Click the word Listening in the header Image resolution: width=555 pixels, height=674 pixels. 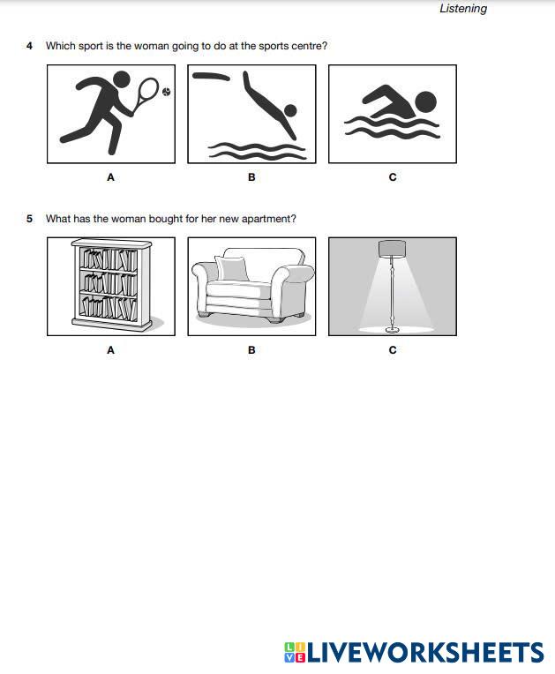coord(463,9)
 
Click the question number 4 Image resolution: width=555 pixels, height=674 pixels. coord(29,46)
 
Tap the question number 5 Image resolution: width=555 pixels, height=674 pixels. coord(29,219)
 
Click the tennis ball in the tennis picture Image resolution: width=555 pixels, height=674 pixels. coord(167,92)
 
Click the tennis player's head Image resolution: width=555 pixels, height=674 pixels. coord(121,79)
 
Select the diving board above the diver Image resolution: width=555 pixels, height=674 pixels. coord(211,77)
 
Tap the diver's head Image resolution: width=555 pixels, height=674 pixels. coord(290,110)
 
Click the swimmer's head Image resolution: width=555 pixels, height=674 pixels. coord(425,102)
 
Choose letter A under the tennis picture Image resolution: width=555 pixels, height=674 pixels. coord(110,177)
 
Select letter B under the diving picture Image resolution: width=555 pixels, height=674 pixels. coord(251,177)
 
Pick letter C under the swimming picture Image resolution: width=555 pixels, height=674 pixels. coord(393,177)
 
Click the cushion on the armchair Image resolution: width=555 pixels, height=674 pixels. coord(232,268)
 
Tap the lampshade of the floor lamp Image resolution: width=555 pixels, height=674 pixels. coord(392,249)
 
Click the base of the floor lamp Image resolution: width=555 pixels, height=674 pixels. coord(393,330)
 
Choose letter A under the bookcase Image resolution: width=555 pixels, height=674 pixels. coord(110,350)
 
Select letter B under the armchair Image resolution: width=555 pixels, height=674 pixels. coord(251,350)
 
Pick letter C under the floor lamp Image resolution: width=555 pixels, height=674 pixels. coord(393,350)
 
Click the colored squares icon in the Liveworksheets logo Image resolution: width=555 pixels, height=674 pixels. coord(295,652)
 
